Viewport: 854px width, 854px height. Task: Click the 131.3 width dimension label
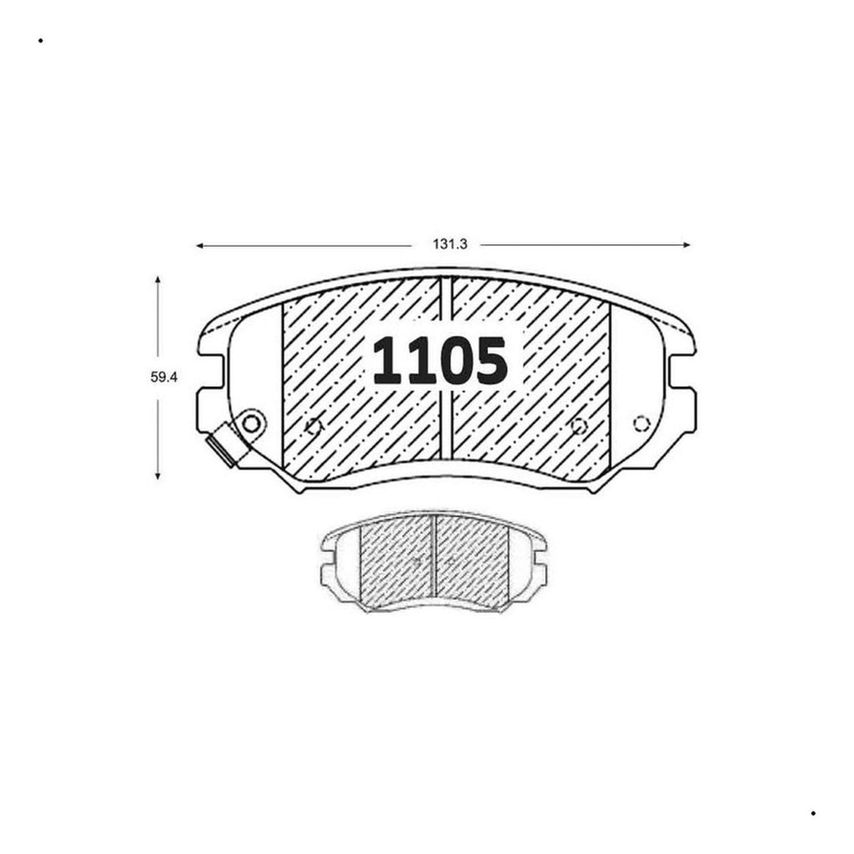tap(450, 244)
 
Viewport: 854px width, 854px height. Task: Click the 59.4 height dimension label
tap(164, 377)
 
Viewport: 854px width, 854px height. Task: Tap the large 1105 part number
tap(440, 360)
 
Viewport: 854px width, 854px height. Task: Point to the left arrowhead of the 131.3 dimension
tap(199, 246)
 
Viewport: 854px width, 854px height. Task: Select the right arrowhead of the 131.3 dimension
tap(687, 245)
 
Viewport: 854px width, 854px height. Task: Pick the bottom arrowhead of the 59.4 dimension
tap(158, 475)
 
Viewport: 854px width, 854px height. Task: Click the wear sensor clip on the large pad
tap(222, 445)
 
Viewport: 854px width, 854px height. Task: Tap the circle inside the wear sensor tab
tap(251, 423)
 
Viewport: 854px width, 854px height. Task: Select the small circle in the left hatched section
tap(314, 426)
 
